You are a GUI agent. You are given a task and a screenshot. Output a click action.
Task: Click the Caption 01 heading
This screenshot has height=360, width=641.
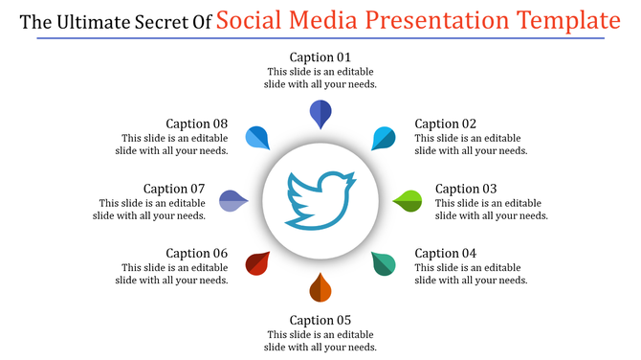click(x=320, y=56)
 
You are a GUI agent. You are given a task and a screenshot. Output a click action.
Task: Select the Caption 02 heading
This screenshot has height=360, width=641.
click(x=446, y=124)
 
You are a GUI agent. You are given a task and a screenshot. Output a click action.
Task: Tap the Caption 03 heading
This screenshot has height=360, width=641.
click(x=467, y=189)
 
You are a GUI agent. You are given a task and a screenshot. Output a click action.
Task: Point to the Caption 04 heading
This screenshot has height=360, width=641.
click(x=446, y=254)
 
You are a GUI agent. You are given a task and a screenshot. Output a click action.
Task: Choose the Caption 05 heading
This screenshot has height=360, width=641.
click(x=320, y=320)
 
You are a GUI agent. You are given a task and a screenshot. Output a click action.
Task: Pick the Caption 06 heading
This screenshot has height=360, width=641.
click(x=196, y=254)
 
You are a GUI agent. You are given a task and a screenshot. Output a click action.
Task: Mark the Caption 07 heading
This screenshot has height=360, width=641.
click(x=174, y=189)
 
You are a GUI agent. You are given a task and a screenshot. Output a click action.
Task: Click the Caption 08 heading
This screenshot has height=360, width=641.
click(x=196, y=124)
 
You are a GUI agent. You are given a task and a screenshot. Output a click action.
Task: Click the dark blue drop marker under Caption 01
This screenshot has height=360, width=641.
click(x=320, y=113)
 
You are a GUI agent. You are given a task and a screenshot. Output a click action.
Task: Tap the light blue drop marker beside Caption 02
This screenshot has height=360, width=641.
click(x=384, y=138)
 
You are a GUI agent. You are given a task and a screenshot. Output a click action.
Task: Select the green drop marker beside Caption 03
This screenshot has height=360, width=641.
click(x=409, y=201)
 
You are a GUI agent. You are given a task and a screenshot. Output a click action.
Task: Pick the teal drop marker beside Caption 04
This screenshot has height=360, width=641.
click(x=384, y=263)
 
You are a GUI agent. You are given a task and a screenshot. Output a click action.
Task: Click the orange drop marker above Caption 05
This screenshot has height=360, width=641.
click(x=320, y=287)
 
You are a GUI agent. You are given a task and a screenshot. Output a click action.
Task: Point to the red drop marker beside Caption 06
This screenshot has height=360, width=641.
click(x=257, y=263)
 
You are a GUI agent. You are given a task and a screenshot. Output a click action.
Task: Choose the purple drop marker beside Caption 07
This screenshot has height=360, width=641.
click(x=232, y=201)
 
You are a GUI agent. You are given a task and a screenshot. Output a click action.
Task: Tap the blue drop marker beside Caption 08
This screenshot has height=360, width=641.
click(x=257, y=138)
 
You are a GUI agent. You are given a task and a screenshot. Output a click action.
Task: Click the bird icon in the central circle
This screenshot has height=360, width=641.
click(x=320, y=200)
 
